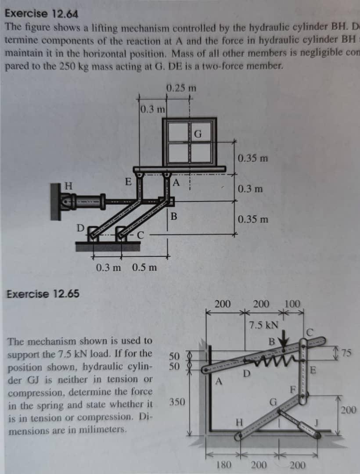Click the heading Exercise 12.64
tap(42, 14)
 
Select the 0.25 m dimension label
tap(181, 88)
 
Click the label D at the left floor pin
tap(80, 228)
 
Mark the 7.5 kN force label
tap(263, 325)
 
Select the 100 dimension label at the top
tap(292, 303)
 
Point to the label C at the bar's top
tap(310, 331)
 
